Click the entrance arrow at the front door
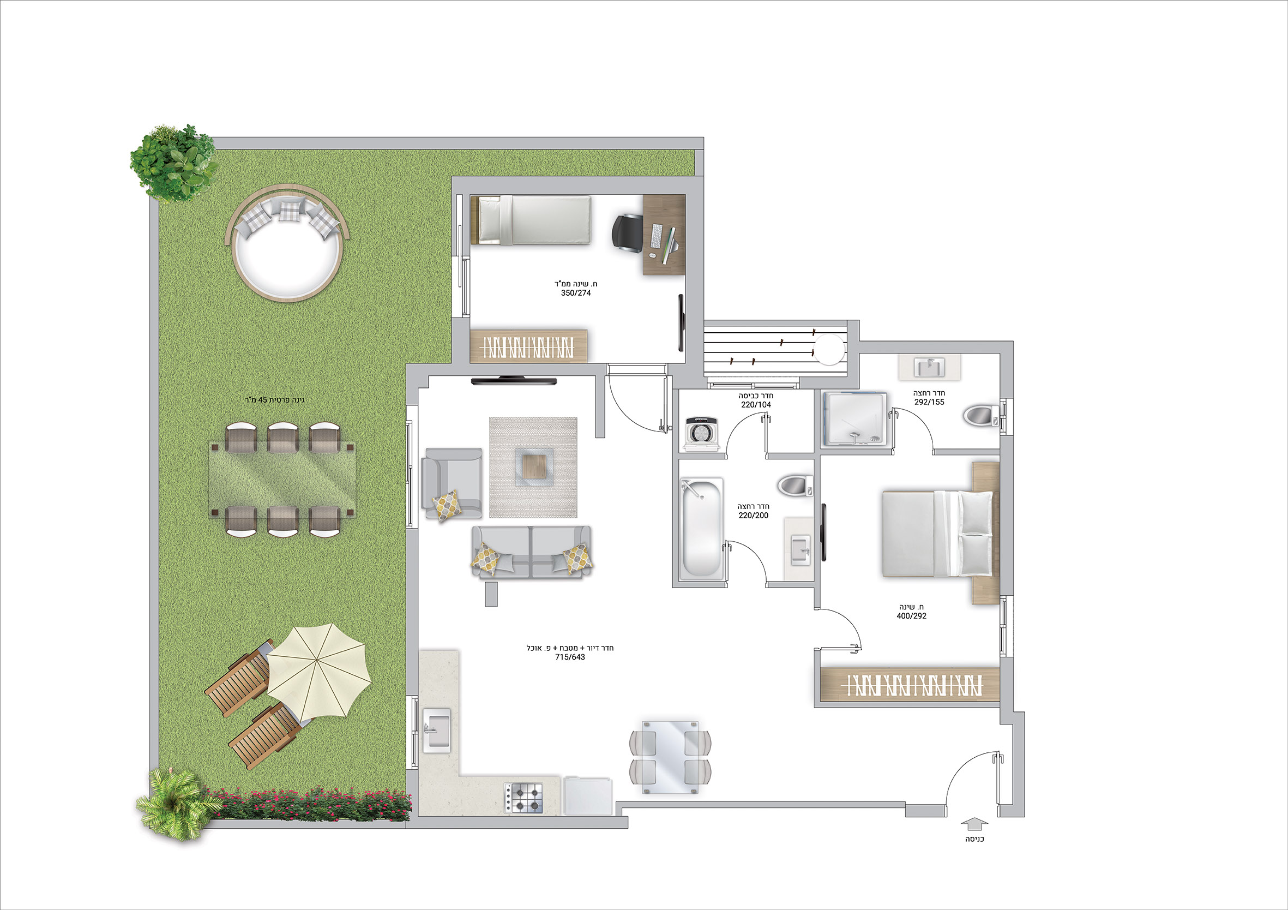[x=974, y=824]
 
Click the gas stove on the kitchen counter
[x=524, y=798]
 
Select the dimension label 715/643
[x=570, y=657]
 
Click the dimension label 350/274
[x=575, y=293]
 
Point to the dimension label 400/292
[x=912, y=616]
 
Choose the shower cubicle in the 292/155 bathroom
[x=855, y=418]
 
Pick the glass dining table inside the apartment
[x=670, y=756]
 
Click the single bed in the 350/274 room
[x=531, y=220]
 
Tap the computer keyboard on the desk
[x=656, y=236]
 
